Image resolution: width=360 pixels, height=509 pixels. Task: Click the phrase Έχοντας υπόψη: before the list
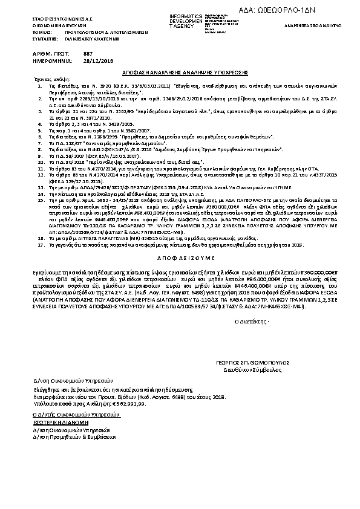(46, 79)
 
